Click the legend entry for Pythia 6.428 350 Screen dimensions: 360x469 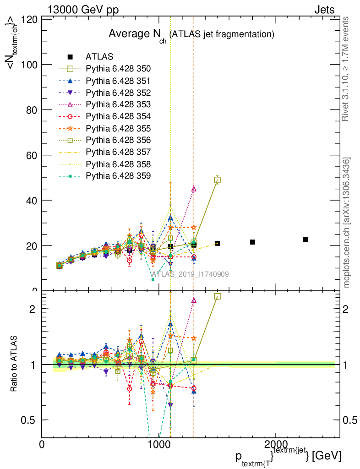(x=119, y=69)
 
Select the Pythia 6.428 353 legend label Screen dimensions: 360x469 (x=119, y=104)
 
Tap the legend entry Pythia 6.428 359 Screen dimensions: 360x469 (x=119, y=176)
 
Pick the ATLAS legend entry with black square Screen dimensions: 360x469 (x=99, y=56)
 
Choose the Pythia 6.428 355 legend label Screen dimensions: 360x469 (x=119, y=128)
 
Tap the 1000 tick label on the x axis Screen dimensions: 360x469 (x=158, y=444)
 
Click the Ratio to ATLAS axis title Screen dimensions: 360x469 (x=14, y=364)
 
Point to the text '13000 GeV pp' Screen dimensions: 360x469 (x=83, y=10)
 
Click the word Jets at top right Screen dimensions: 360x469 (x=324, y=10)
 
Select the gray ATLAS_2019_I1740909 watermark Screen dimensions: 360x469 (x=190, y=274)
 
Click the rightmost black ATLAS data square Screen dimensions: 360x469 (x=305, y=240)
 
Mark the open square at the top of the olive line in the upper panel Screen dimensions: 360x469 (x=218, y=180)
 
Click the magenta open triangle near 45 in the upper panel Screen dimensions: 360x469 (x=194, y=189)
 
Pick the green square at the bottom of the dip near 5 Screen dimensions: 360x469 (x=153, y=280)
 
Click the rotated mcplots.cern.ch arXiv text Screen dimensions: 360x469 (x=346, y=223)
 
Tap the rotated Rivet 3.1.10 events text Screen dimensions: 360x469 (x=345, y=69)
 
